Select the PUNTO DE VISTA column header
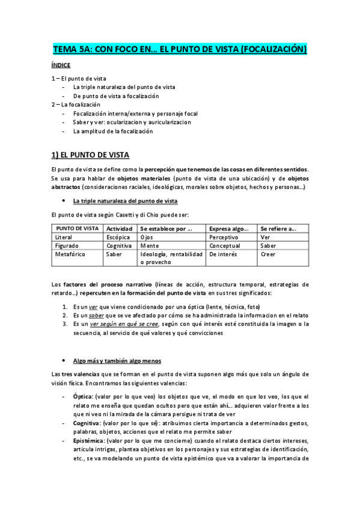[78, 229]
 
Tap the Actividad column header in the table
[119, 229]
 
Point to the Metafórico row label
[70, 254]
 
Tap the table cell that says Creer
[267, 254]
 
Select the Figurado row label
[67, 245]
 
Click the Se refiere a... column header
[278, 229]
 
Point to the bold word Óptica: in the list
[84, 397]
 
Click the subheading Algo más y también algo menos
[117, 361]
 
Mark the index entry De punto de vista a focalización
[116, 96]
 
